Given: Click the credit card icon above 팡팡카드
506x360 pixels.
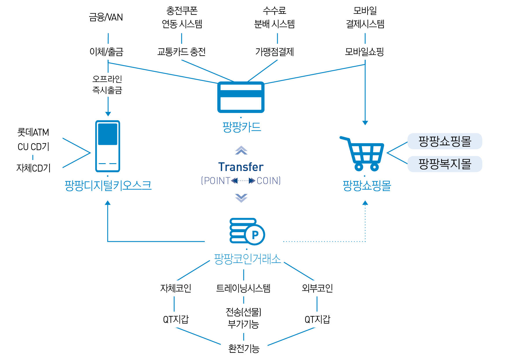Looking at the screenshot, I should click(x=241, y=97).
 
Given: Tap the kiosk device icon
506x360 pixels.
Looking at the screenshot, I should click(x=107, y=146).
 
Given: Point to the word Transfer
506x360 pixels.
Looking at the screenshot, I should click(x=241, y=167).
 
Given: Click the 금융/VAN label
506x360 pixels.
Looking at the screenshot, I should click(x=106, y=17).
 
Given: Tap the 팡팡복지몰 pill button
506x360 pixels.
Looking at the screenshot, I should click(x=445, y=164).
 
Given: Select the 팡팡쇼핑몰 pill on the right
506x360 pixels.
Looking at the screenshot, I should click(x=445, y=141).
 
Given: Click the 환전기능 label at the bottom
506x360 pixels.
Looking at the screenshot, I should click(x=244, y=348).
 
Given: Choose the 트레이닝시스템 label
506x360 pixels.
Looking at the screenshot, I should click(x=243, y=288).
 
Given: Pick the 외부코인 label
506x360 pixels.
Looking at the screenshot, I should click(x=317, y=288).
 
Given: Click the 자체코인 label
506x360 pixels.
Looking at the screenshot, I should click(x=176, y=288).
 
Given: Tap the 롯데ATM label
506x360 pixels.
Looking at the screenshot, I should click(x=33, y=132).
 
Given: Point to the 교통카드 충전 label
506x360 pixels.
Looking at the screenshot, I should click(x=181, y=52).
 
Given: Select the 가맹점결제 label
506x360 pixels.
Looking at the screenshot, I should click(x=274, y=52).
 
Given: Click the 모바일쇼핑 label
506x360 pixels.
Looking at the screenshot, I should click(x=364, y=52).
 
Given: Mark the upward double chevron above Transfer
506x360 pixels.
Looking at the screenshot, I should click(x=241, y=150).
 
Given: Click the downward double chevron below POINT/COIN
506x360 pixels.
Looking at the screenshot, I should click(x=241, y=198).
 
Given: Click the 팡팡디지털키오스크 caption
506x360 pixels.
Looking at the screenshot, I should click(x=108, y=186).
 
